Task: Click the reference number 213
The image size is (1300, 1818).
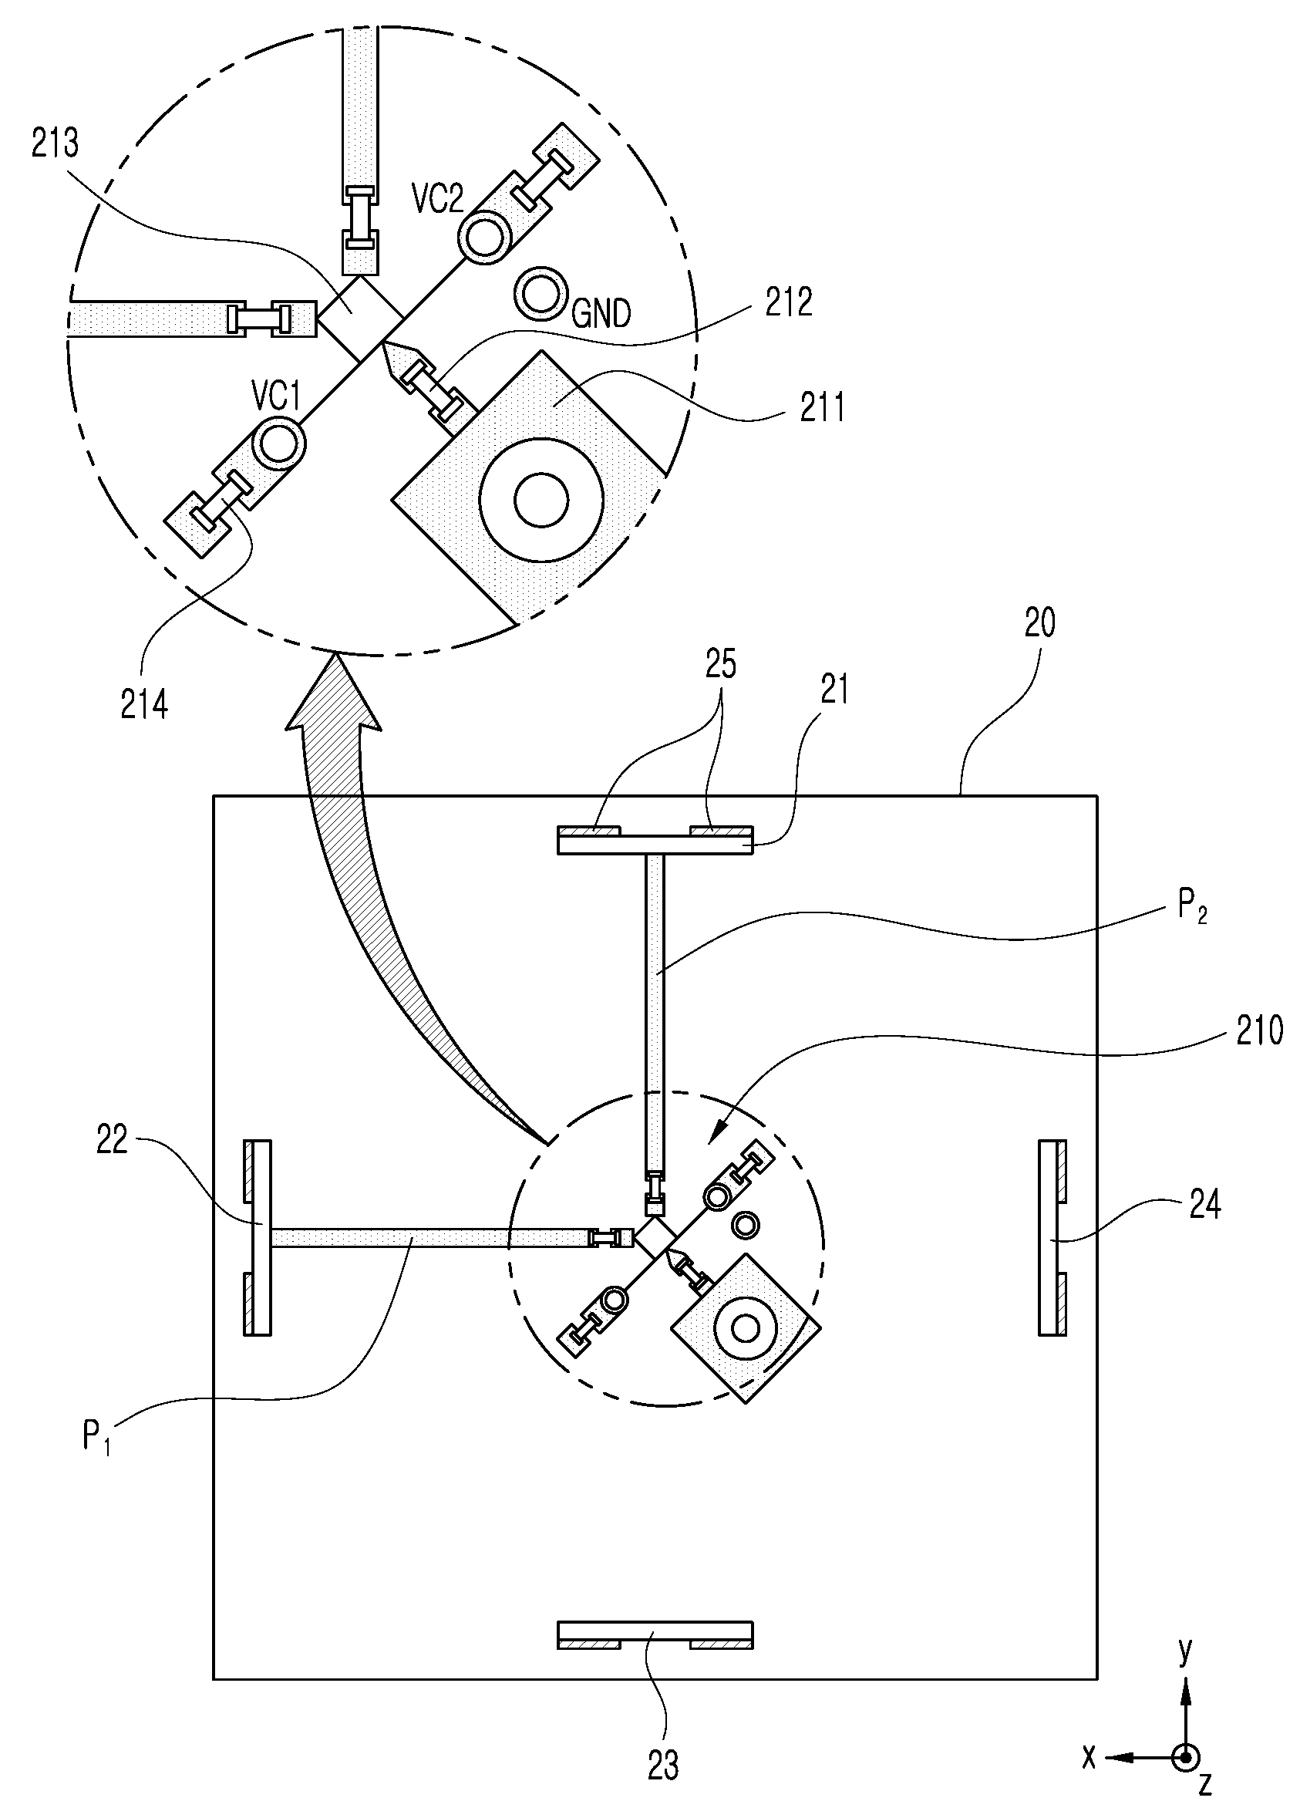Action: [56, 144]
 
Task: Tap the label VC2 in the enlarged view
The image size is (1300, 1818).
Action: [438, 197]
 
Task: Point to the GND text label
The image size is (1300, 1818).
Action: [601, 313]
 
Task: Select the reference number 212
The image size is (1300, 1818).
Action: [789, 302]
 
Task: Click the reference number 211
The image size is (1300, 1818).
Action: [822, 407]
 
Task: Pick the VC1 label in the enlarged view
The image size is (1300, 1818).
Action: [275, 396]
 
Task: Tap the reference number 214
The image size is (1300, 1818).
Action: [144, 704]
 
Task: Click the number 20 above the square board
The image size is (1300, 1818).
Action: [1040, 622]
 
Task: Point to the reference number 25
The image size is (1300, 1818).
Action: [720, 664]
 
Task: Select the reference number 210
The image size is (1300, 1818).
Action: [1259, 1031]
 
